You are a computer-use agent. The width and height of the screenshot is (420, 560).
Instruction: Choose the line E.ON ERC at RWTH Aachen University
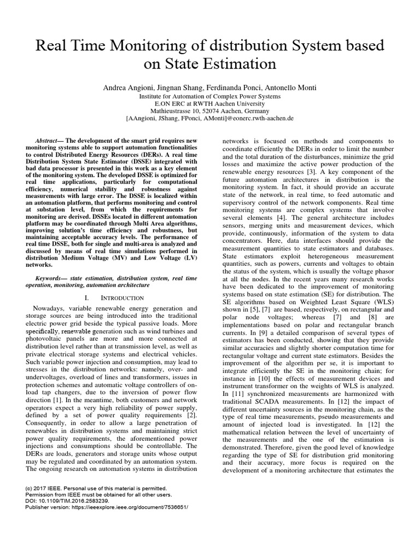(x=210, y=103)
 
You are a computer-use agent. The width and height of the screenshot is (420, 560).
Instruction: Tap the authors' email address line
(x=210, y=118)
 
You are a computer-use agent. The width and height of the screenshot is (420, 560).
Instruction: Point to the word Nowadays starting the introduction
(x=49, y=308)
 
